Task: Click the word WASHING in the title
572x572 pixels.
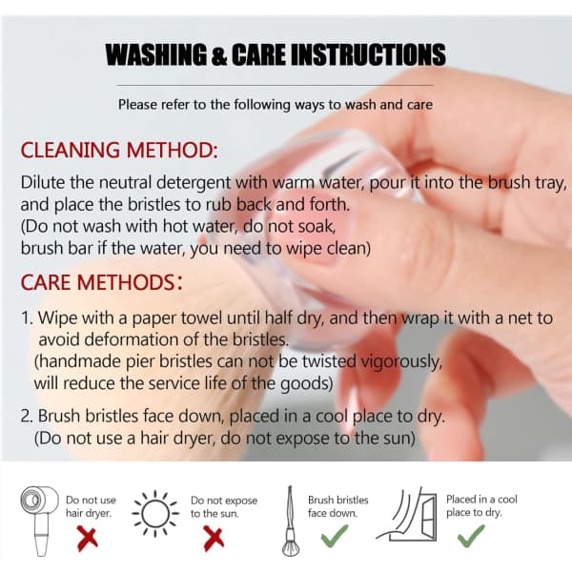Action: [x=156, y=54]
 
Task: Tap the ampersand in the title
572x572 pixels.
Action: [x=219, y=55]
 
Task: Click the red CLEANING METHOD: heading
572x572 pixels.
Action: [x=119, y=150]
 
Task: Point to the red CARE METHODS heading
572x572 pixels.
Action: [x=101, y=282]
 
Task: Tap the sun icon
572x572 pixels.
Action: [x=155, y=514]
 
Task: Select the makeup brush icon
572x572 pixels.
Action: [x=291, y=521]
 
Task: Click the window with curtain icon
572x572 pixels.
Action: [x=407, y=515]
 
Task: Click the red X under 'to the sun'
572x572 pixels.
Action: [x=214, y=539]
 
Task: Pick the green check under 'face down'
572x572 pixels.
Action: [x=335, y=536]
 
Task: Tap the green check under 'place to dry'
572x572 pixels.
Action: [x=471, y=536]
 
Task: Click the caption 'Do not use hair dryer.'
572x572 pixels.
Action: [x=91, y=506]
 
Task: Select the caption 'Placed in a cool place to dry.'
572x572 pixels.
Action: [x=481, y=505]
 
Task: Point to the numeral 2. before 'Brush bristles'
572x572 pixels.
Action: [x=27, y=416]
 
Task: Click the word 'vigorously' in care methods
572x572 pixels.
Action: [x=401, y=362]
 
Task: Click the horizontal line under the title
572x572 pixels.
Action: [x=276, y=86]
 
